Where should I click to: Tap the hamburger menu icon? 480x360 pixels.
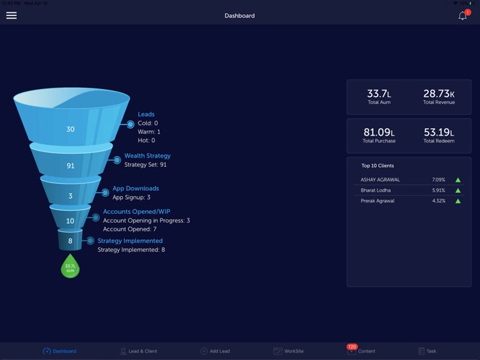12,15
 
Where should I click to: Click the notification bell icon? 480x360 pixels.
463,16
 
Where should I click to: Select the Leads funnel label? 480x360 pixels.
146,115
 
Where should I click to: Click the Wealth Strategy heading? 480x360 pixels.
147,156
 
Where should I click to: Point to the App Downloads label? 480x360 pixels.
136,188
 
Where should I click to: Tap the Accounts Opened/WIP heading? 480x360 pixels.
136,211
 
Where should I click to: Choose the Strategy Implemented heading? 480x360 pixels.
130,241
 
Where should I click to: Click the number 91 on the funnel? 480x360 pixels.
70,166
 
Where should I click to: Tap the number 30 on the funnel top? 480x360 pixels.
70,129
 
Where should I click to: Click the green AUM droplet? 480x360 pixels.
70,266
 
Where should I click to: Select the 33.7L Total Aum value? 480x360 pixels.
380,94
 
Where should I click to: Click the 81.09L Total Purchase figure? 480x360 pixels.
379,133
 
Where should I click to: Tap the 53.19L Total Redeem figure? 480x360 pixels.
439,133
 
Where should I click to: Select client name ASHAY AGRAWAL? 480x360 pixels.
380,179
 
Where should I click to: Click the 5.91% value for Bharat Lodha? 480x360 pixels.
438,190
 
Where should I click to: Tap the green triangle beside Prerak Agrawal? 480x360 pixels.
458,201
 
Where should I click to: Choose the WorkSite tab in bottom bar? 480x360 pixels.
289,351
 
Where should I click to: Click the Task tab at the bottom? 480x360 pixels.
427,351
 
